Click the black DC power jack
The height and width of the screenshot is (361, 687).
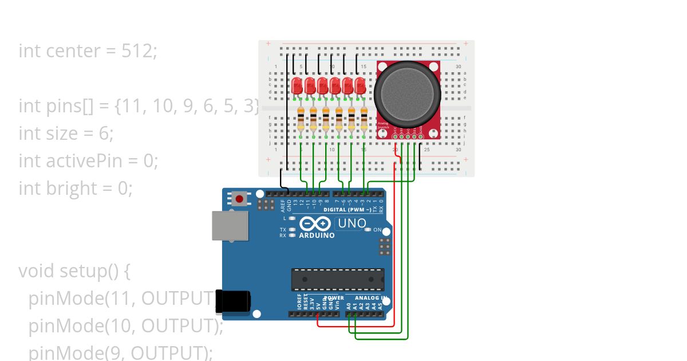tap(233, 301)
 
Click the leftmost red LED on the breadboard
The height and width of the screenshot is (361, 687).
tap(297, 87)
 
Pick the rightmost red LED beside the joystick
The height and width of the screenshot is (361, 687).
tap(360, 87)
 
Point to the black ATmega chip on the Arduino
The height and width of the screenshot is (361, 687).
tap(337, 279)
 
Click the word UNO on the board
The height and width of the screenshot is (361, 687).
tap(352, 223)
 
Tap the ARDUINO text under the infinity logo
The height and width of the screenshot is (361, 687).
tap(317, 235)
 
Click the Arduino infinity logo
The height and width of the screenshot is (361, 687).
tap(315, 223)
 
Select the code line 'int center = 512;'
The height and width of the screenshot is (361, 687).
tap(88, 51)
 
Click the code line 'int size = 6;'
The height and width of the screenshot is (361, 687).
tap(66, 134)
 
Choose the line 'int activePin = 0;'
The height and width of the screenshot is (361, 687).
tap(88, 161)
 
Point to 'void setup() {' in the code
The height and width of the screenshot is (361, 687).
tap(74, 270)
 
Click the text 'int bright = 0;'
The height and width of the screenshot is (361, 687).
tap(76, 189)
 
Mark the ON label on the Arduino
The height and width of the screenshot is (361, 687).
tap(377, 230)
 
